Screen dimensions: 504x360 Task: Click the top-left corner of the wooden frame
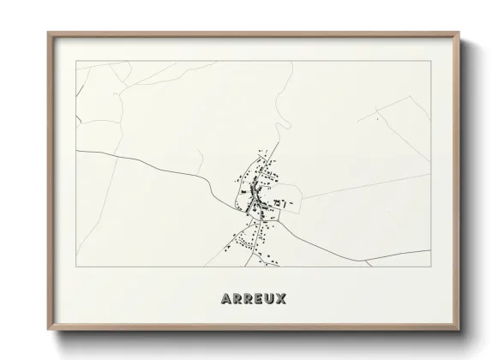pyautogui.click(x=48, y=33)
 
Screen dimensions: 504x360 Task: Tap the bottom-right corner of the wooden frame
pyautogui.click(x=459, y=330)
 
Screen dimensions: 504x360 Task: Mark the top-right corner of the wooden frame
pyautogui.click(x=459, y=33)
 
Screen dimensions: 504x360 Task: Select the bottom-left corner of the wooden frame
pyautogui.click(x=48, y=330)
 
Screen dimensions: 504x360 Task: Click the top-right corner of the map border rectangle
pyautogui.click(x=430, y=61)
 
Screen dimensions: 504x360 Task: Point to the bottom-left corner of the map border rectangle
pyautogui.click(x=77, y=266)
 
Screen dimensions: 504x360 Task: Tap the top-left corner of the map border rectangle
pyautogui.click(x=77, y=61)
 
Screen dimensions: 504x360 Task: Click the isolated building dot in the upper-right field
pyautogui.click(x=375, y=119)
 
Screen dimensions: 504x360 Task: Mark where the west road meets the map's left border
pyautogui.click(x=78, y=151)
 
